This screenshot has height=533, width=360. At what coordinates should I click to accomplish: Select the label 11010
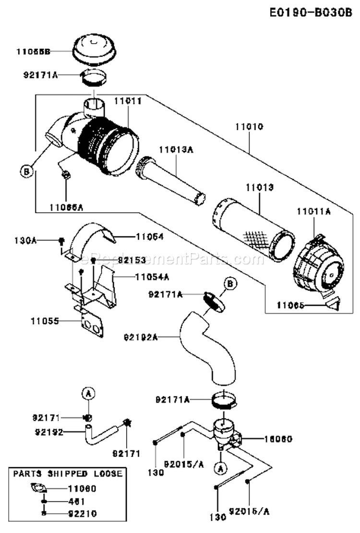point(249,127)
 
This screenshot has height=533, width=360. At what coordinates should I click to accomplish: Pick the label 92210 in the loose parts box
point(82,513)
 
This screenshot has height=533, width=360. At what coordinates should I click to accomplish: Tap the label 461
point(74,501)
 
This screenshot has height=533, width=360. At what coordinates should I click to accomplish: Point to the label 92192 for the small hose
point(49,431)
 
